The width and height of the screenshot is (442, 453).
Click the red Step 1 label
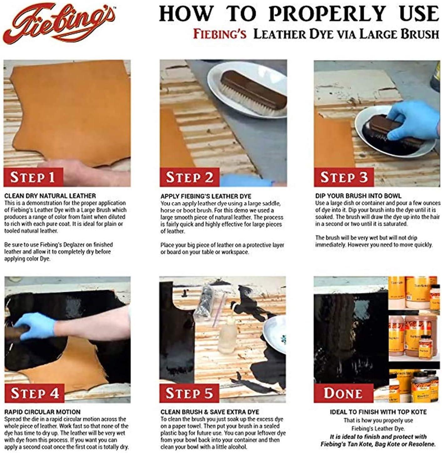tap(33, 177)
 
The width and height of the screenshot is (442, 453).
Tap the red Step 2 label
tap(190, 177)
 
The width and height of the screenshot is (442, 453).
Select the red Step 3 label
tap(343, 177)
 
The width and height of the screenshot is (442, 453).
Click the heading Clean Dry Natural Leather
tap(50, 196)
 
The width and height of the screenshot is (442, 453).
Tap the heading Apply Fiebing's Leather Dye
tap(206, 196)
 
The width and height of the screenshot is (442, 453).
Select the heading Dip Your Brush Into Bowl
tap(358, 196)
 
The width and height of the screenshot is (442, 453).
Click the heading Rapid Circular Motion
tap(42, 412)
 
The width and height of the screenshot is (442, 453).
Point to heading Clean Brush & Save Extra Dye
tap(210, 412)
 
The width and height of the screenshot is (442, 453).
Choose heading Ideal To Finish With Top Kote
tap(378, 412)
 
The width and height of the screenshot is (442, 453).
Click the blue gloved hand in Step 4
tap(36, 326)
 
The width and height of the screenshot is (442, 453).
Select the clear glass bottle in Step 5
tap(226, 338)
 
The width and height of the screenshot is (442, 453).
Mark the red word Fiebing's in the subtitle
tap(220, 34)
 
